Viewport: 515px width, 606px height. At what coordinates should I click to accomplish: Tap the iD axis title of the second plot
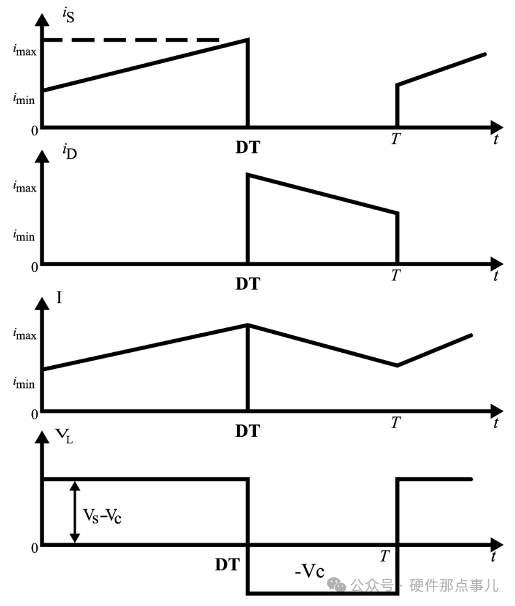[67, 154]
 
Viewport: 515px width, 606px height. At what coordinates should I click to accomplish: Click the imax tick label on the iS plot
[25, 50]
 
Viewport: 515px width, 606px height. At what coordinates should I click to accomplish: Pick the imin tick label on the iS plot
[24, 98]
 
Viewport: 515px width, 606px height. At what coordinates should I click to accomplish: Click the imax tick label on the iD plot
[25, 187]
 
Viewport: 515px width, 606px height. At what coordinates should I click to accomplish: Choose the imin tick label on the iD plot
[24, 235]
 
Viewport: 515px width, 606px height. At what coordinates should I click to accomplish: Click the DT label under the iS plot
[247, 147]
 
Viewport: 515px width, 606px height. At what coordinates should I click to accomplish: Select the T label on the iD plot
[395, 275]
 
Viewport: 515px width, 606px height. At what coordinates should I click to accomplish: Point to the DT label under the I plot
[247, 430]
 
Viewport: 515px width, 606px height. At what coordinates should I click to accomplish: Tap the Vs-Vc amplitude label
[103, 515]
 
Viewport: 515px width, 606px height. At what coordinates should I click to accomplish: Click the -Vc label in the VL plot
[309, 572]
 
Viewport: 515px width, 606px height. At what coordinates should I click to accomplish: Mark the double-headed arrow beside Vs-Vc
[75, 512]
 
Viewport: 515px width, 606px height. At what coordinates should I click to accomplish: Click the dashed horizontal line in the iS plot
[130, 40]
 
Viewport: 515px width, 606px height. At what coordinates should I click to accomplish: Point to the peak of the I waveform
[247, 324]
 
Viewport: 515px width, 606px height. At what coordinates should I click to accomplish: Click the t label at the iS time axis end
[496, 138]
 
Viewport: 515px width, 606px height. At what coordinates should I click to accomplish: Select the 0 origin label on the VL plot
[34, 547]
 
